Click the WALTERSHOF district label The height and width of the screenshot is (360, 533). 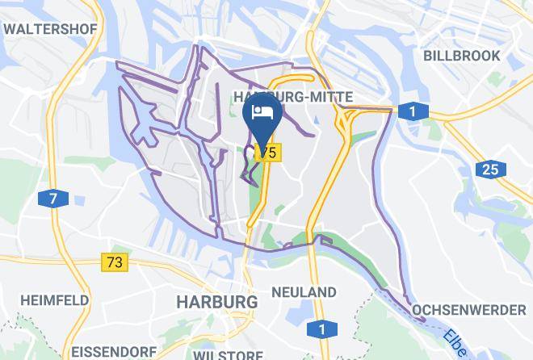coord(50,29)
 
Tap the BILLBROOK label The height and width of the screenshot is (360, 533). coord(462,56)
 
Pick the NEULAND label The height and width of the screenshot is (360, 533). coord(304,291)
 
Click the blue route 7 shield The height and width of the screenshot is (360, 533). coord(53,199)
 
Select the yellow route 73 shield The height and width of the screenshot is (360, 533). coord(115,262)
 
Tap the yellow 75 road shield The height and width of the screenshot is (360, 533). coord(268,152)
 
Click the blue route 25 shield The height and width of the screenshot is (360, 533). coord(489,170)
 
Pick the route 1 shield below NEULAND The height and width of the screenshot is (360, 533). coord(321,329)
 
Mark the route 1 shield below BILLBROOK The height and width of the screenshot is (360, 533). coord(413,111)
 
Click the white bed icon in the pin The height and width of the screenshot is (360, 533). coord(262,112)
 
